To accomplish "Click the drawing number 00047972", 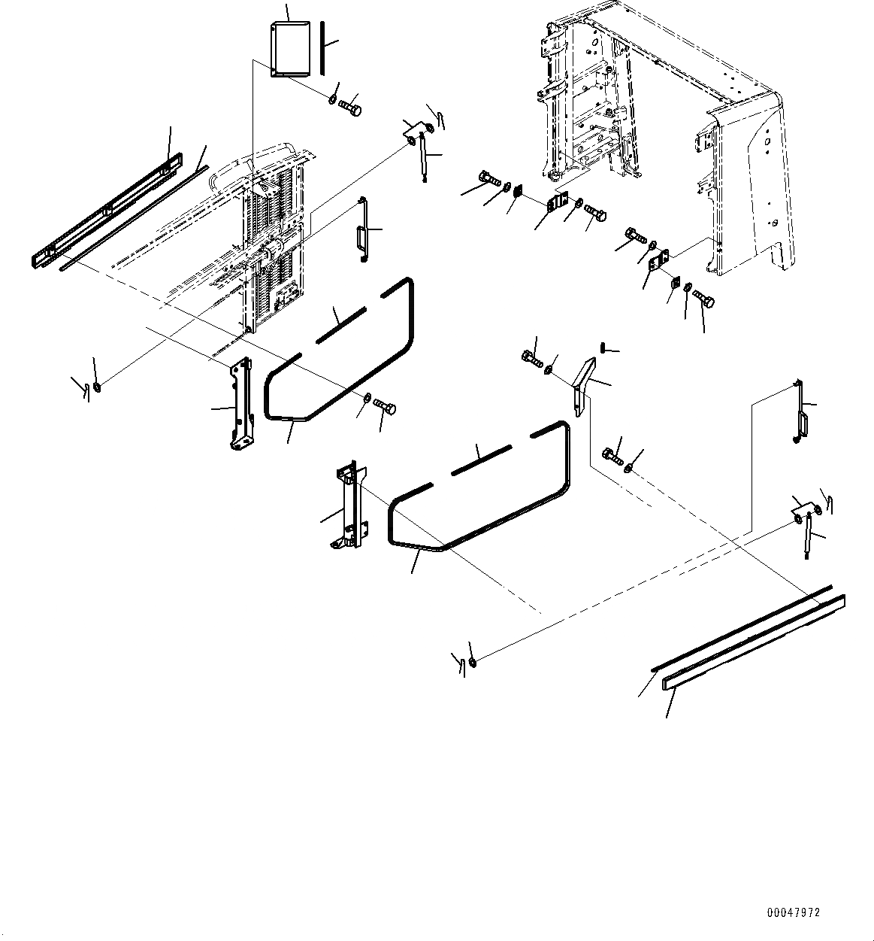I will [793, 912].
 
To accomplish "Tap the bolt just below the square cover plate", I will [351, 108].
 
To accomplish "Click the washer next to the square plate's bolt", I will [332, 99].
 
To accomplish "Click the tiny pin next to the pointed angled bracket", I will [604, 347].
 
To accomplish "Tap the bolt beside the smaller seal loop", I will [386, 408].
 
